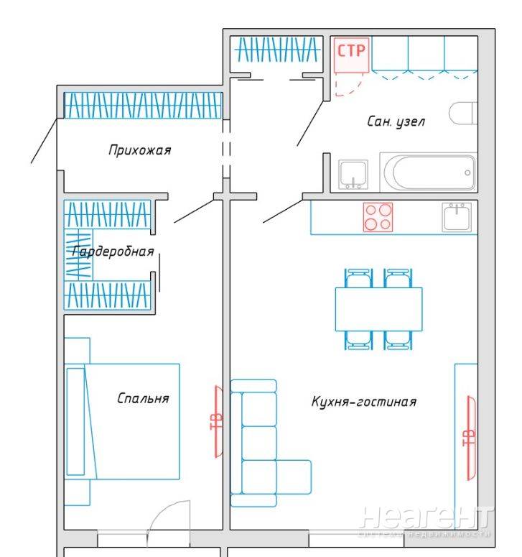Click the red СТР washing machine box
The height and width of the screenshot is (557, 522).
tap(351, 55)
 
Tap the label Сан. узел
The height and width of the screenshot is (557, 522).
tap(396, 121)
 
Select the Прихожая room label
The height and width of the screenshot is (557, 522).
tap(140, 150)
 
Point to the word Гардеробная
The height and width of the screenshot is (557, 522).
tap(113, 252)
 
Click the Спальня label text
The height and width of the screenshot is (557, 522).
tap(143, 398)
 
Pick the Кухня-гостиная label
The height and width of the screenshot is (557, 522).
tap(364, 402)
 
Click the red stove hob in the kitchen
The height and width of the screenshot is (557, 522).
tap(378, 217)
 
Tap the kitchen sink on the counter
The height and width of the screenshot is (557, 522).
tap(457, 217)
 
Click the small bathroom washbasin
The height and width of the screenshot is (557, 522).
tap(353, 175)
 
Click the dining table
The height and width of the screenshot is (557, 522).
tap(378, 309)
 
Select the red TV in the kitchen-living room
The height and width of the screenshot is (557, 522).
tap(470, 438)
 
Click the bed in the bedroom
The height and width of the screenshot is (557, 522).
tap(122, 421)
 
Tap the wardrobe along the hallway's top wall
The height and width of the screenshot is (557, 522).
tap(144, 106)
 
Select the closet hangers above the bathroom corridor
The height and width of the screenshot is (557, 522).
tap(277, 50)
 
